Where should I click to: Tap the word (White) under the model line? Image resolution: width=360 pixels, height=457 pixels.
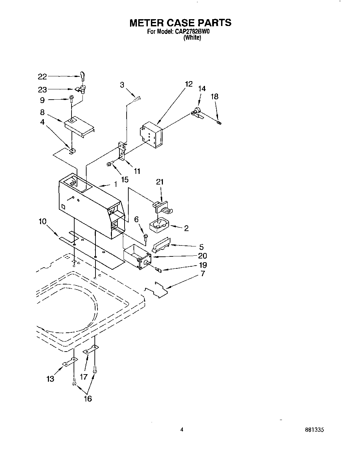coord(192,38)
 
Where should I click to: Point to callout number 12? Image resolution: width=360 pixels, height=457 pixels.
coord(189,84)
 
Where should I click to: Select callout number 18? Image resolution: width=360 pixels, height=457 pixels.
coord(214,97)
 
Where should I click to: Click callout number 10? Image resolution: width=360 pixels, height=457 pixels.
coord(42,221)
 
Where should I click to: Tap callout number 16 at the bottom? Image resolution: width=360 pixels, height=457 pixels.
coord(88,398)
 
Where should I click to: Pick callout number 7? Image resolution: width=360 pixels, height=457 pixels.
coord(203,274)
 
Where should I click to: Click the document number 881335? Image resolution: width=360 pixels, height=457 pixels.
coord(315,430)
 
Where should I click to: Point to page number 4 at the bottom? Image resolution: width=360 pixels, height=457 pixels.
coord(182,430)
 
